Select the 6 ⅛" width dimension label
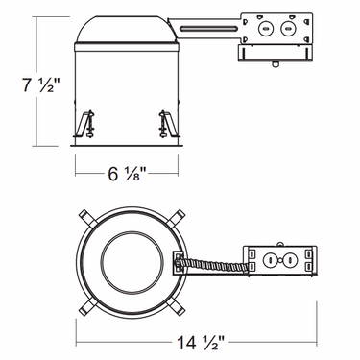click(x=129, y=176)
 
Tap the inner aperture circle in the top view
click(x=129, y=259)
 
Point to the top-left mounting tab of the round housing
click(x=87, y=218)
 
